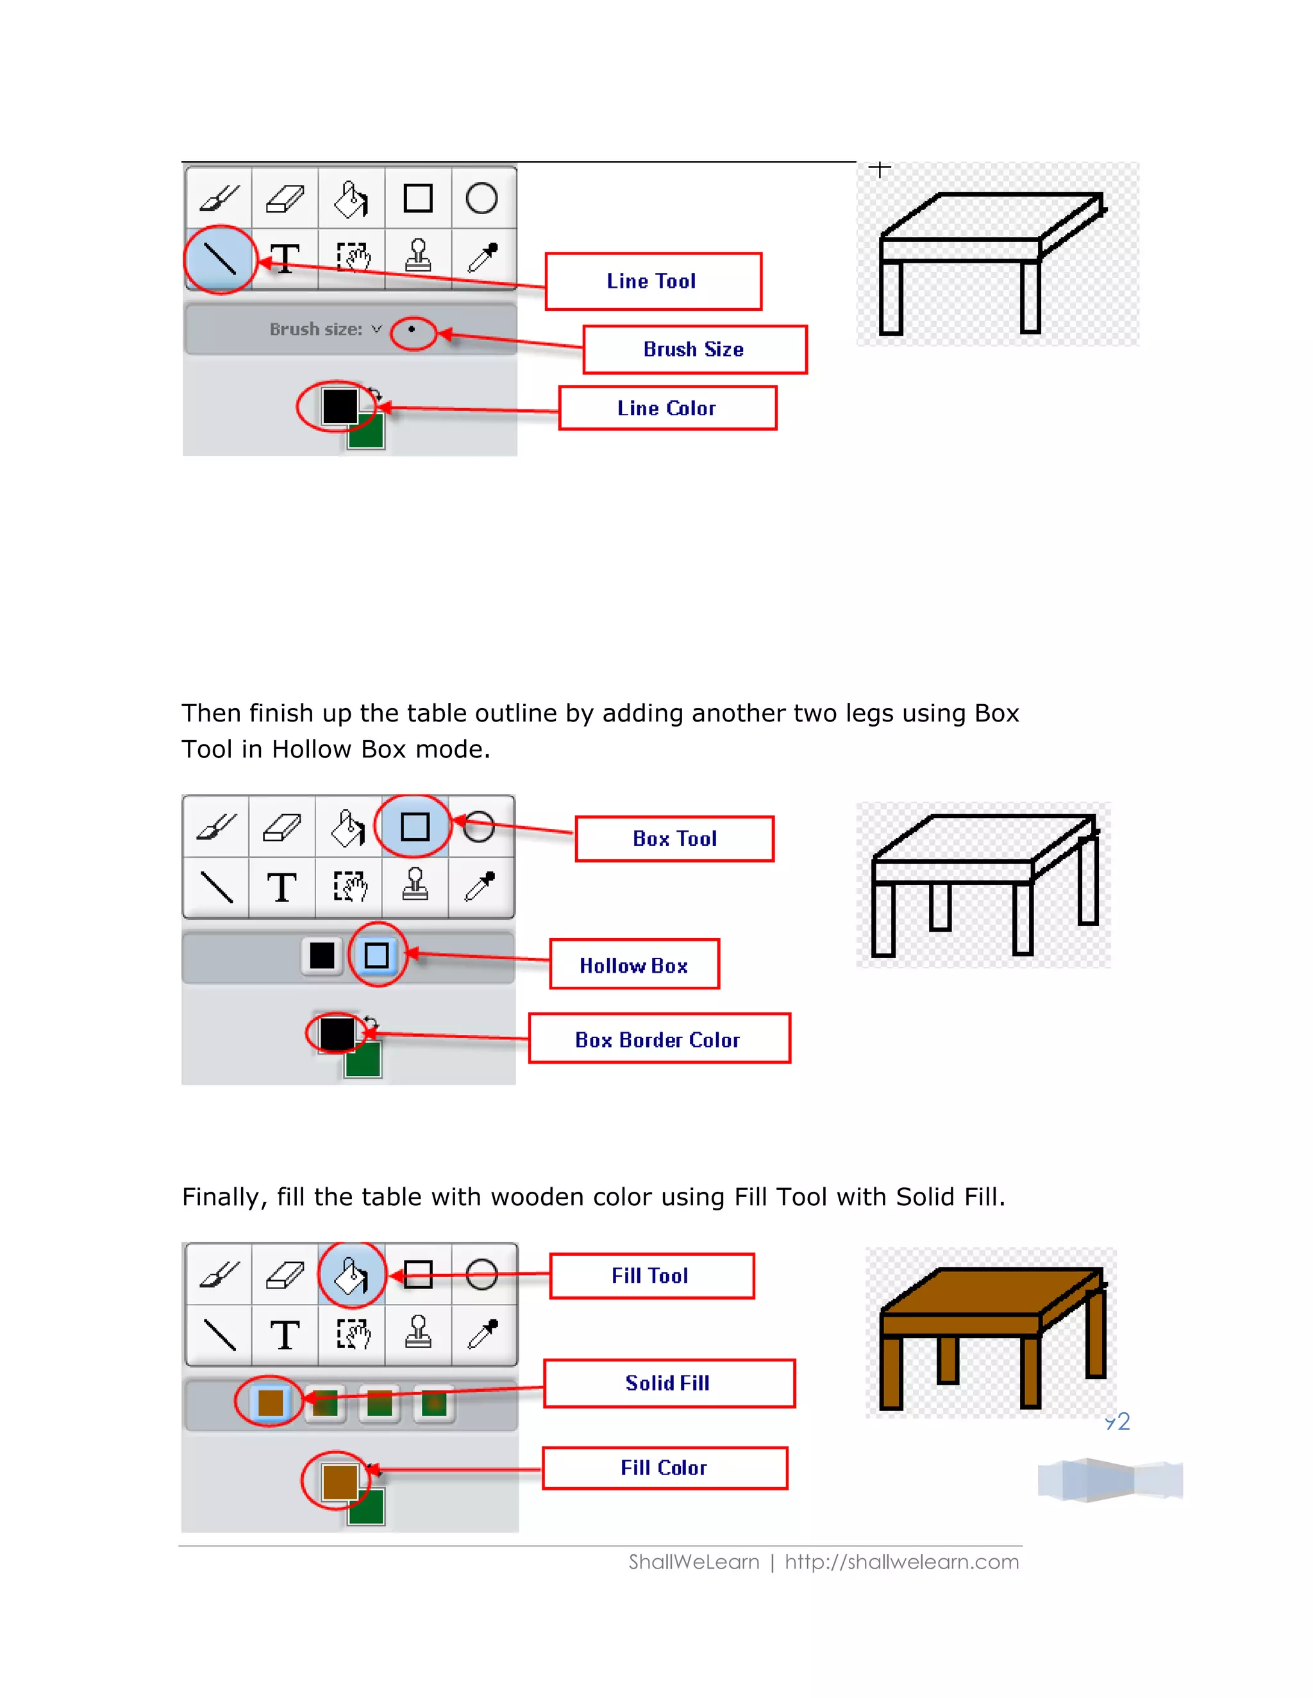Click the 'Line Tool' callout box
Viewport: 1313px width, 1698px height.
(653, 281)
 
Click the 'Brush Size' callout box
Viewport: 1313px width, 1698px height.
(694, 350)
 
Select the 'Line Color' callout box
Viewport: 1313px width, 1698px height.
(667, 408)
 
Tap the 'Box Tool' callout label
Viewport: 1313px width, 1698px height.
(674, 839)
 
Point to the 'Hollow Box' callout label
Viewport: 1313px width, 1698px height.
(634, 965)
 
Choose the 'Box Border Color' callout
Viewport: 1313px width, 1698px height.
(659, 1039)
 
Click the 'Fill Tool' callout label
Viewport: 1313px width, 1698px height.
(651, 1276)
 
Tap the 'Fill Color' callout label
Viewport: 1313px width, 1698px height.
(664, 1468)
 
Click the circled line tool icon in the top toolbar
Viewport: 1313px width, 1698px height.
(220, 259)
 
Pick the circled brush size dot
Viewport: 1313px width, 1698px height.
(412, 329)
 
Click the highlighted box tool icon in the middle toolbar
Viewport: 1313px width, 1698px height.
(415, 827)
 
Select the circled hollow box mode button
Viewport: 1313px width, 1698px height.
(376, 955)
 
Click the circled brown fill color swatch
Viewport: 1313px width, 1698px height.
(339, 1480)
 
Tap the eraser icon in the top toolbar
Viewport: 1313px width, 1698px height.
(285, 198)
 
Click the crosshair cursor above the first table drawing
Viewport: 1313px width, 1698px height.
(880, 169)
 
